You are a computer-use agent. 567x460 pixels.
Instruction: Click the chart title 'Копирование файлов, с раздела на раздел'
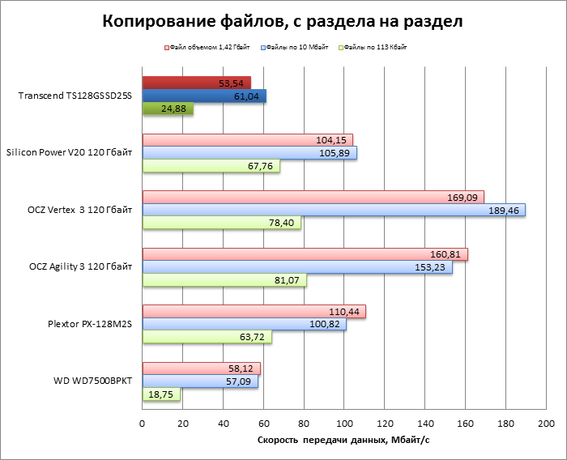[283, 21]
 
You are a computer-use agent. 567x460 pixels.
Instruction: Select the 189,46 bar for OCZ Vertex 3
[333, 210]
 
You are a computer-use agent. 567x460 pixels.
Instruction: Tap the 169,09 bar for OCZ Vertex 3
[313, 197]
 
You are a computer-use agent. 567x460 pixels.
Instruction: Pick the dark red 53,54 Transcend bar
[196, 83]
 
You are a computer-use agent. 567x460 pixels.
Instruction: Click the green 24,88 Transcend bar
[168, 109]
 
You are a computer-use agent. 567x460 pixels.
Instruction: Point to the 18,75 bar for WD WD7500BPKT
[161, 394]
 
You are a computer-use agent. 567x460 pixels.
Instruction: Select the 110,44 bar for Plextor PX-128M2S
[254, 312]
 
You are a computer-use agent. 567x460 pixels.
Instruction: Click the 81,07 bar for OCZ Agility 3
[224, 280]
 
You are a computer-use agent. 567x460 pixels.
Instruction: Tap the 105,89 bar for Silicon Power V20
[249, 152]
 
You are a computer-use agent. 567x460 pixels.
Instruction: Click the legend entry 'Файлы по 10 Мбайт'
[298, 48]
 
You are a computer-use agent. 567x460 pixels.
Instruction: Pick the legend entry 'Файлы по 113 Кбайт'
[375, 48]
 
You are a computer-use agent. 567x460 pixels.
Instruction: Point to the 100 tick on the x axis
[344, 424]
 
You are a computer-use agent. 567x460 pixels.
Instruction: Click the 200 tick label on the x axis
[546, 424]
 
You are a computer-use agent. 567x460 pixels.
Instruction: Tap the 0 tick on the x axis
[143, 424]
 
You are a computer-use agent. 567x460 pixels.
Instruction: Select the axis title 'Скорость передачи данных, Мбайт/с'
[343, 441]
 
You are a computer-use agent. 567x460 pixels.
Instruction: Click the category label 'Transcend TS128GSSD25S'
[75, 96]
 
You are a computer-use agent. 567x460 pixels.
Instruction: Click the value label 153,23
[429, 267]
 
